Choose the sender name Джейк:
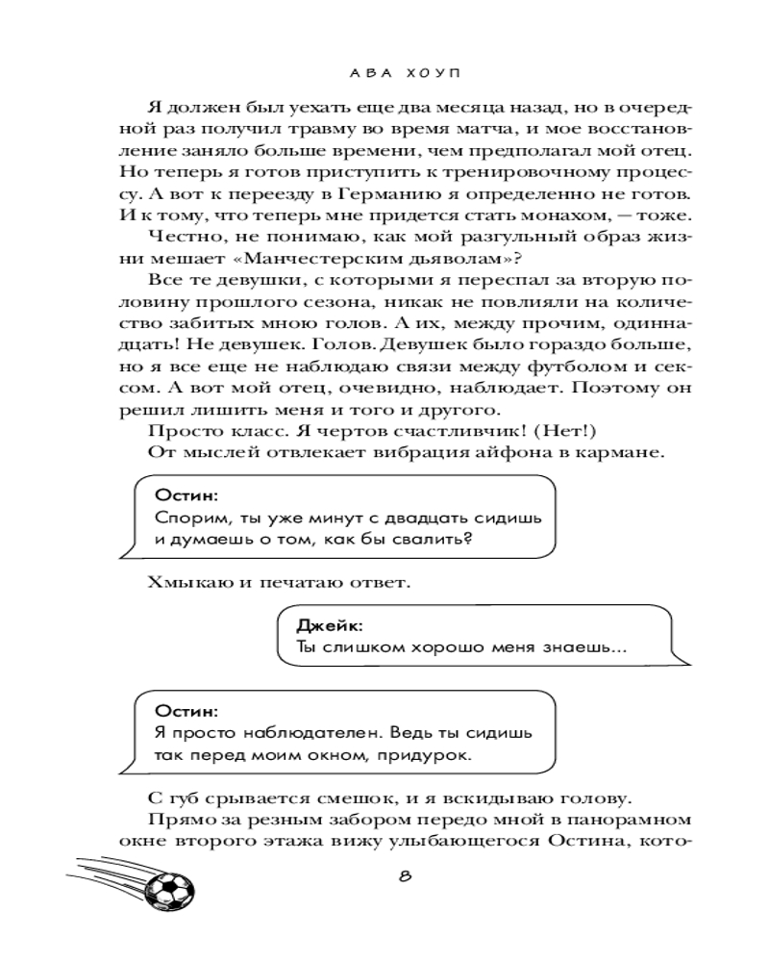(323, 626)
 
